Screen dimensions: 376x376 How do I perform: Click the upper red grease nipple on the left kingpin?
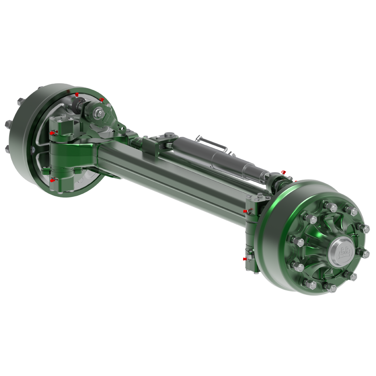point(52,133)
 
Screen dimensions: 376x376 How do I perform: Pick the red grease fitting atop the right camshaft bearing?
point(284,171)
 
